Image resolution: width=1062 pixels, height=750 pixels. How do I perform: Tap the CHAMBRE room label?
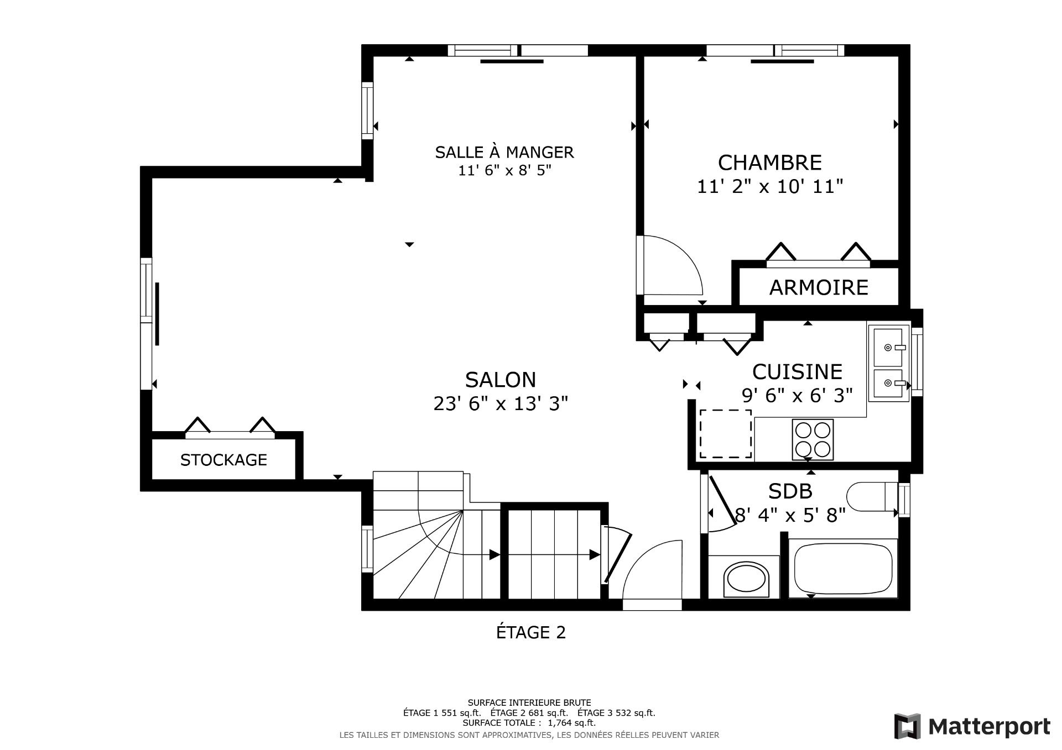click(769, 163)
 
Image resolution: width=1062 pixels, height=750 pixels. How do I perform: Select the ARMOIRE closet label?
click(818, 288)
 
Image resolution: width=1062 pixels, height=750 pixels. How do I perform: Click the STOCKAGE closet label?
click(223, 460)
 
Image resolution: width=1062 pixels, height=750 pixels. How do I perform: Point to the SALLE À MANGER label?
click(504, 152)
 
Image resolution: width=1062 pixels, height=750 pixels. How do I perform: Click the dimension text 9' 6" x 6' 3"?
click(796, 396)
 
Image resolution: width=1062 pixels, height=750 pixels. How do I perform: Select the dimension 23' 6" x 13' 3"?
click(501, 405)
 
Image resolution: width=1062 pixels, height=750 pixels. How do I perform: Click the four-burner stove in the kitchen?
click(812, 439)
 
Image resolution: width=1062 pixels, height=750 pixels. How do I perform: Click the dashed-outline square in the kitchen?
click(726, 434)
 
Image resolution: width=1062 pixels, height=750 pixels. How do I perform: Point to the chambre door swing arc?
click(672, 265)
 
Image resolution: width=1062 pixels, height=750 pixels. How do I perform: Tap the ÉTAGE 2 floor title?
click(530, 632)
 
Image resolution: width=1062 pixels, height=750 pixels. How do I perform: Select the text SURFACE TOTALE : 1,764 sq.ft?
click(529, 722)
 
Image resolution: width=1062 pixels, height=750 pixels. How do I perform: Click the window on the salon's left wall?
click(146, 323)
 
